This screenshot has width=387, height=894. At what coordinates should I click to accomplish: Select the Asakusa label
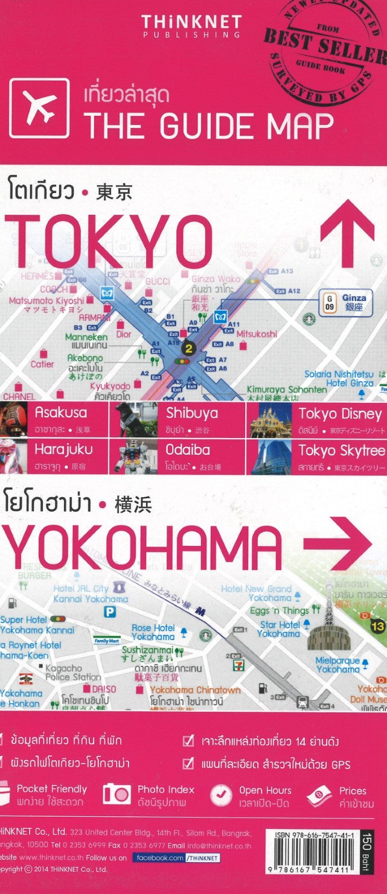60,414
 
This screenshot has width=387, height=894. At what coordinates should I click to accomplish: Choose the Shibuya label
191,414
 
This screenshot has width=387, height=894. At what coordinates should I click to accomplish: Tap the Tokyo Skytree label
341,449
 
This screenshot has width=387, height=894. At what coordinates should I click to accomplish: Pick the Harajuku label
63,449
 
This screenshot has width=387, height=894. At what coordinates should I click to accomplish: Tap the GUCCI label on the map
158,281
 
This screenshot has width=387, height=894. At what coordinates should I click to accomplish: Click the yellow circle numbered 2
189,348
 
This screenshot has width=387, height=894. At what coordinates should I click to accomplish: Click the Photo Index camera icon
117,794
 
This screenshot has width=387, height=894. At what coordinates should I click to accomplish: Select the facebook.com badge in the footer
176,857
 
